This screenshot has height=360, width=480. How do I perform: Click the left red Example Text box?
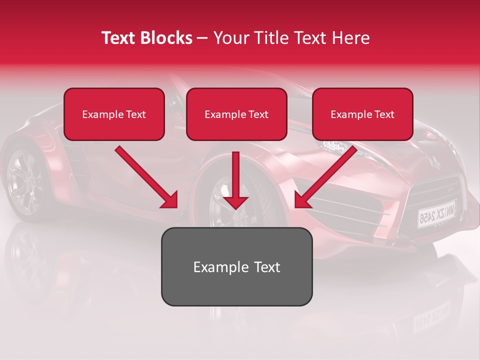[x=114, y=114]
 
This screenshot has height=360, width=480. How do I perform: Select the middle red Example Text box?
[x=236, y=114]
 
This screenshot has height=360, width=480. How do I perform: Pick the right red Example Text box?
[x=362, y=114]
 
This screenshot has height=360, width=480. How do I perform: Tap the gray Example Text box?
[x=236, y=266]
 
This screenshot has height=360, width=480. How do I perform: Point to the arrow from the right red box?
[x=325, y=177]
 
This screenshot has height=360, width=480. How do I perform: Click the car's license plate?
[x=436, y=213]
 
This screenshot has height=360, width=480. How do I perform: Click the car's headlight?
[x=334, y=146]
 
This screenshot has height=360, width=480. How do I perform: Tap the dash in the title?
[x=202, y=38]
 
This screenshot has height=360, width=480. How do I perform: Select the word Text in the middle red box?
[x=258, y=114]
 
